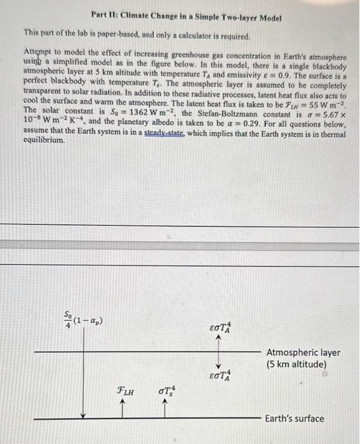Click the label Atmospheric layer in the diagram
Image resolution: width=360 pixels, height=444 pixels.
point(303,353)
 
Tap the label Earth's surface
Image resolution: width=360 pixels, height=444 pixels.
point(294,418)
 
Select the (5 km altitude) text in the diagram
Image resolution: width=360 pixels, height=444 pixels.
point(297,365)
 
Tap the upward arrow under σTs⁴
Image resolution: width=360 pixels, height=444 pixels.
point(165,406)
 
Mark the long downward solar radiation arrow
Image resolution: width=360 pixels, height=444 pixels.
point(83,374)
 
